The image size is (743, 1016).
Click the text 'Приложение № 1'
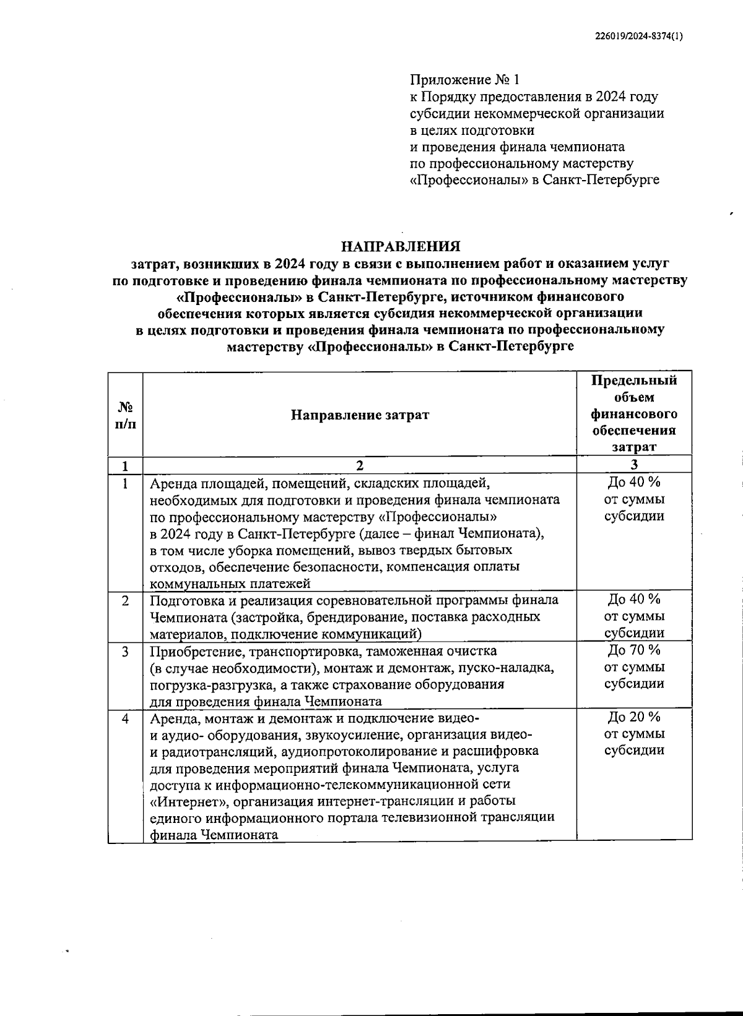pyautogui.click(x=465, y=80)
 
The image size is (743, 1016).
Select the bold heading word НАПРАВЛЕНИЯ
pyautogui.click(x=402, y=247)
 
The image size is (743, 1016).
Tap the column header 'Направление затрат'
pyautogui.click(x=360, y=414)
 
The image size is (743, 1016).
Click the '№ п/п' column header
pyautogui.click(x=125, y=415)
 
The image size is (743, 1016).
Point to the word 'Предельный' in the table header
pyautogui.click(x=634, y=381)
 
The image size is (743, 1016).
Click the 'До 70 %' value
pyautogui.click(x=634, y=650)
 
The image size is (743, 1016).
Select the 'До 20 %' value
pyautogui.click(x=634, y=717)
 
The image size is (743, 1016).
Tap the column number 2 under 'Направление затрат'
pyautogui.click(x=360, y=465)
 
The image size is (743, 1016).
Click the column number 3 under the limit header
pyautogui.click(x=634, y=465)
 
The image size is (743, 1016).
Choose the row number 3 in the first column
pyautogui.click(x=126, y=651)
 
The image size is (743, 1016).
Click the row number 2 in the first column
pyautogui.click(x=126, y=600)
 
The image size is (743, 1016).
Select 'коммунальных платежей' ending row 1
pyautogui.click(x=230, y=583)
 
